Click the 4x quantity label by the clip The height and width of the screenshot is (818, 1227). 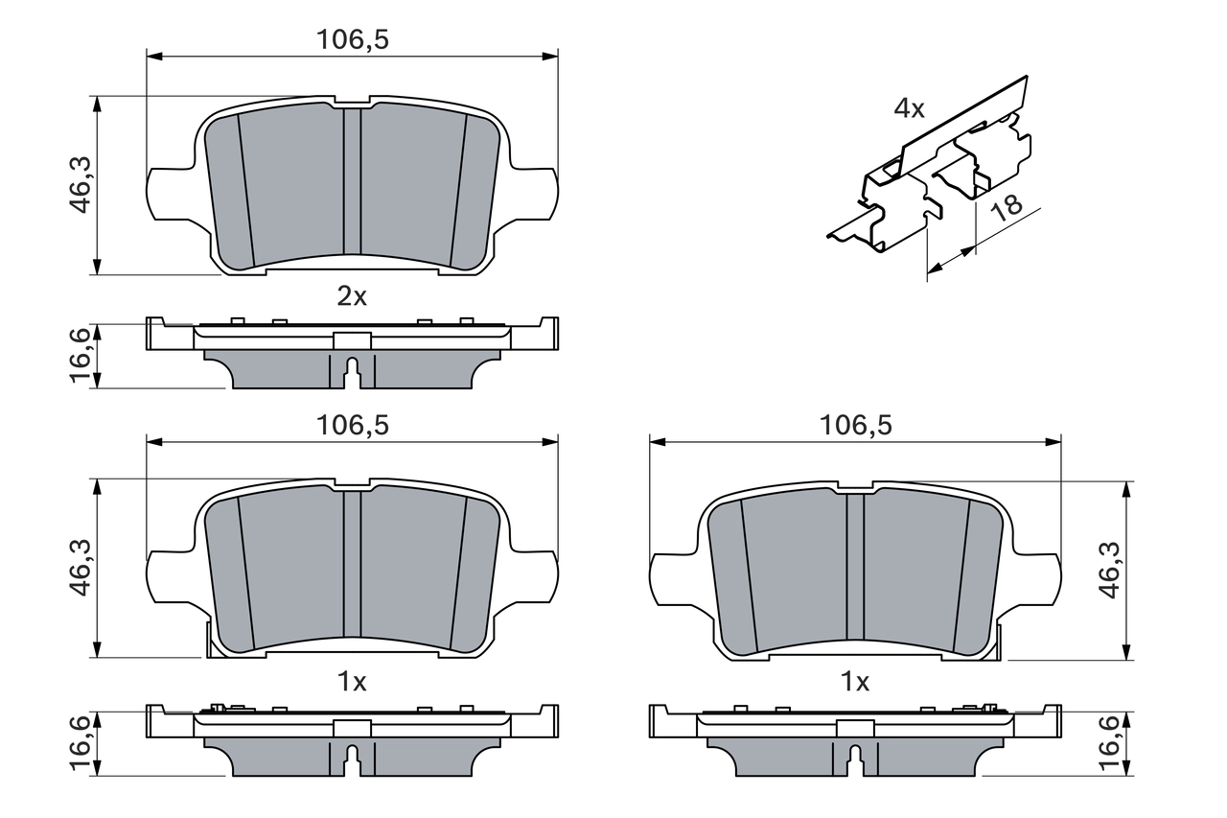(909, 108)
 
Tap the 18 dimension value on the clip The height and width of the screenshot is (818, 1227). (1006, 208)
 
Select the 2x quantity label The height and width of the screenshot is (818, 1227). (352, 296)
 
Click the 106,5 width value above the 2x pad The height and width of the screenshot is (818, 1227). (352, 39)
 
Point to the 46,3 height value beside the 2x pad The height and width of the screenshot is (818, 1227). (81, 185)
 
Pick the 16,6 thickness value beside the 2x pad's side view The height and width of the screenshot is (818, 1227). (81, 355)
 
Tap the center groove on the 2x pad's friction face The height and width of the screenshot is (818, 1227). (352, 182)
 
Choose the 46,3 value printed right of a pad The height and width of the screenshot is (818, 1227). (1112, 570)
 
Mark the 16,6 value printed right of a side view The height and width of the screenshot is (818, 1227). (1112, 742)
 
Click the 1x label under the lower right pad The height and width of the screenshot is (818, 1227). (855, 682)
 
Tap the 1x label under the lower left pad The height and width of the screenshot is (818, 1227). (352, 682)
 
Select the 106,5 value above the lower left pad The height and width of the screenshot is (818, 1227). (352, 425)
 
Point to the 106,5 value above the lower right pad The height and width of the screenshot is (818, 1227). (855, 425)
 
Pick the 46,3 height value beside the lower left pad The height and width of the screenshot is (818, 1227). (81, 568)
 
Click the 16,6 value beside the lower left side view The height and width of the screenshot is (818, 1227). (81, 742)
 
